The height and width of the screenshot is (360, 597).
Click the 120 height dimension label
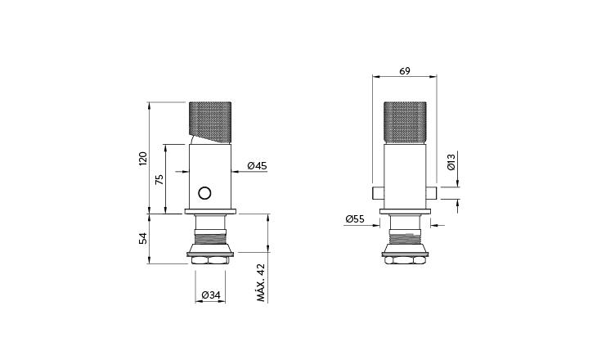coord(142,157)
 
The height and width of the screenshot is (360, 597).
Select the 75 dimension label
coord(159,179)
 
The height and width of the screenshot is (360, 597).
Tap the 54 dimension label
coord(142,238)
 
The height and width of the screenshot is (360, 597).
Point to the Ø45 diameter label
coord(258,166)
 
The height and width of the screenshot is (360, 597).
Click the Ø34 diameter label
coord(209,295)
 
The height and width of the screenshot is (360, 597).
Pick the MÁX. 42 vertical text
coord(261,283)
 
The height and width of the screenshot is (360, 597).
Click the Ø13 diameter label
coord(451,162)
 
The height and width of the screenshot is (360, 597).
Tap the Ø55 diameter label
coord(354,219)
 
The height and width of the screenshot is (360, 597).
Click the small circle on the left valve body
coord(205,193)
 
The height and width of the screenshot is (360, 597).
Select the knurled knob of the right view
coord(405,123)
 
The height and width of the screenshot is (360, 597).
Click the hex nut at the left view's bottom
coord(210,259)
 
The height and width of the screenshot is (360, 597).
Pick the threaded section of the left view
coord(210,242)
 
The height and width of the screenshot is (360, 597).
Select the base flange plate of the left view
coord(210,213)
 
